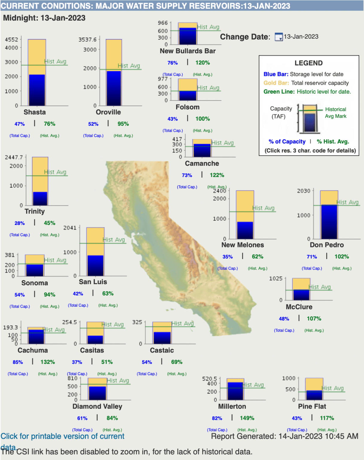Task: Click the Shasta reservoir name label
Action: click(35, 112)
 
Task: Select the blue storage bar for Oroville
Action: click(114, 88)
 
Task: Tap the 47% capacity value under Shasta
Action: click(19, 124)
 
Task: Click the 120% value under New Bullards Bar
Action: click(202, 63)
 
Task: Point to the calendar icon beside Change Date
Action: click(279, 37)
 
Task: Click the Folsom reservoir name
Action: click(187, 107)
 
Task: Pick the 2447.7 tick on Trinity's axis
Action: click(14, 157)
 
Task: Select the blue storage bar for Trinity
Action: click(40, 199)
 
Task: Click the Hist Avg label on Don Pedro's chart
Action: click(348, 202)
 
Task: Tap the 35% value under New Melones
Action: click(227, 257)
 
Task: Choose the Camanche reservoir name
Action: click(202, 164)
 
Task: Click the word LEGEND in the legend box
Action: click(308, 63)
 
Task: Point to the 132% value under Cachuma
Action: click(48, 362)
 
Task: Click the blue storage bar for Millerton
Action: click(235, 391)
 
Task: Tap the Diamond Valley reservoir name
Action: click(97, 406)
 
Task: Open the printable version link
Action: click(62, 436)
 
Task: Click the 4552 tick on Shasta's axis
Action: click(11, 40)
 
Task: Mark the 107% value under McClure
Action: click(314, 319)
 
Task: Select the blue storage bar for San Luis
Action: click(95, 265)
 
